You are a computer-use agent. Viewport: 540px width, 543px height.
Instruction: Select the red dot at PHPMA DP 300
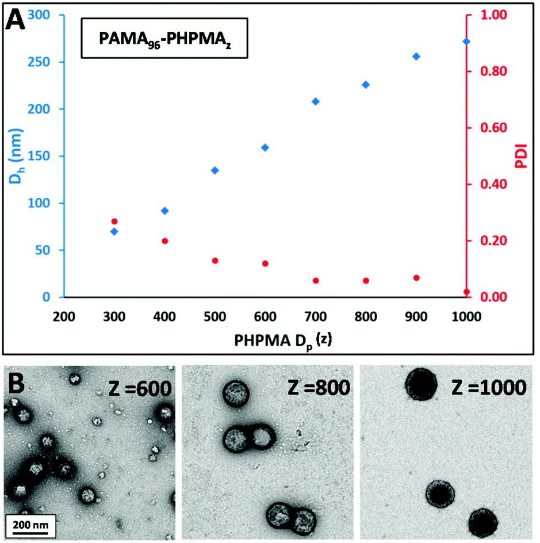pos(114,221)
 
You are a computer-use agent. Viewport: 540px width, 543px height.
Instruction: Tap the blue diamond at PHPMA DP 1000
pos(466,41)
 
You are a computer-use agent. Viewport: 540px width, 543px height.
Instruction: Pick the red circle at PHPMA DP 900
pos(416,278)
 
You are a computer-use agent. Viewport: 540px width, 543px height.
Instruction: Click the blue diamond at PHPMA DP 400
pos(164,211)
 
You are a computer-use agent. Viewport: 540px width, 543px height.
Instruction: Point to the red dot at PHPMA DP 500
pos(215,261)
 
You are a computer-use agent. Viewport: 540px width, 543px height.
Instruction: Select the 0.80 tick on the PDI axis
pos(491,72)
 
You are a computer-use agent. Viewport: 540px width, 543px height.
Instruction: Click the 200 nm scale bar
pos(31,525)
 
